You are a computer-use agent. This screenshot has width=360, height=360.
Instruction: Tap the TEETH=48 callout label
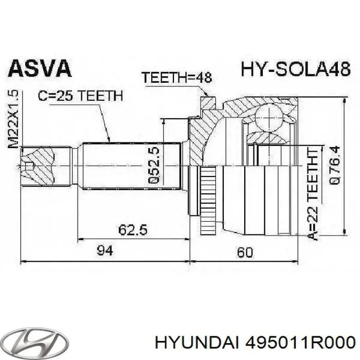click(x=177, y=78)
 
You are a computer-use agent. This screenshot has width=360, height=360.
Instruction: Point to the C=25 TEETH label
click(x=79, y=95)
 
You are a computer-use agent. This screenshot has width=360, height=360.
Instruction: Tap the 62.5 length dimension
click(x=131, y=230)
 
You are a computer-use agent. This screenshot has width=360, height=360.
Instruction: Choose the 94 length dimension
click(x=104, y=250)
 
